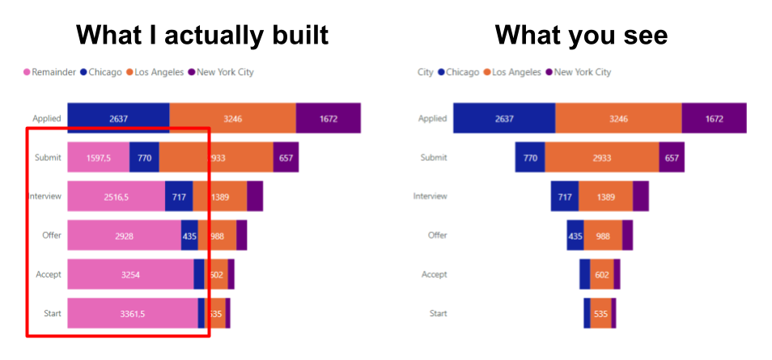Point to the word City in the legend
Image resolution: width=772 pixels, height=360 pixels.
click(x=425, y=72)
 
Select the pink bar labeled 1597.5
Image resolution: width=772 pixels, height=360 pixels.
click(x=98, y=158)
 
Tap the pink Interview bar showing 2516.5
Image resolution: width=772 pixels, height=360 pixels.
click(x=116, y=197)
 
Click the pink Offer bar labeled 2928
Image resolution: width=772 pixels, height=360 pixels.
click(x=124, y=235)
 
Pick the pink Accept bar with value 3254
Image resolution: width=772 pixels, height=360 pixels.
click(x=130, y=274)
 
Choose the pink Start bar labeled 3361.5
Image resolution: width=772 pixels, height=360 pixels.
click(x=132, y=313)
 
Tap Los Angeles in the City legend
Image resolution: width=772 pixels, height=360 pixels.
click(x=517, y=72)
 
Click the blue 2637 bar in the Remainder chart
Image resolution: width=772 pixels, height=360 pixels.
click(x=118, y=118)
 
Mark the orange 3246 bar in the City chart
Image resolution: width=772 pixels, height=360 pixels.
click(x=618, y=118)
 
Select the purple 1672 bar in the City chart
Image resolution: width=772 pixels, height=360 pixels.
click(x=714, y=118)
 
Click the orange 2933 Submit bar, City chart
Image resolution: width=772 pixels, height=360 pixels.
click(x=601, y=158)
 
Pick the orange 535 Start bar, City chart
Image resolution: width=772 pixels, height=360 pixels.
click(x=600, y=313)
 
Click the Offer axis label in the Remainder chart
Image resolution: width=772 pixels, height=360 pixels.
click(x=52, y=235)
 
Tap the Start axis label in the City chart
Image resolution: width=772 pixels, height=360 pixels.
click(x=438, y=313)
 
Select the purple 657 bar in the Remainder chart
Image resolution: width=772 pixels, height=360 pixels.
click(x=286, y=158)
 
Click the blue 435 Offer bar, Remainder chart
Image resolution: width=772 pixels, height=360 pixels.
click(x=189, y=235)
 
